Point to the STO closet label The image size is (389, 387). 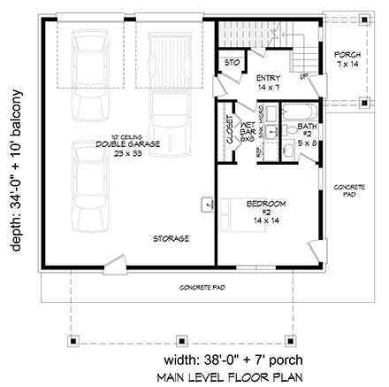click(x=232, y=64)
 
